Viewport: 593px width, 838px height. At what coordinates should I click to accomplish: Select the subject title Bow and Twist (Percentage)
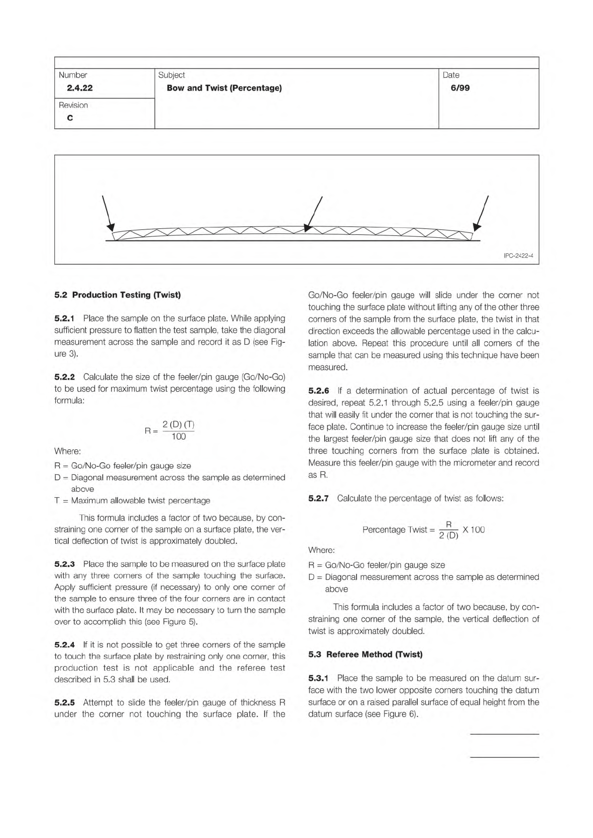point(224,88)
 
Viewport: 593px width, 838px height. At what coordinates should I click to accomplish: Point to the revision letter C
point(70,118)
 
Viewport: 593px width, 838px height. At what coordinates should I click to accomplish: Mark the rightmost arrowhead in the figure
point(477,227)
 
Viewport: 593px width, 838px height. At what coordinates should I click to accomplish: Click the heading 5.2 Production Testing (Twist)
point(118,295)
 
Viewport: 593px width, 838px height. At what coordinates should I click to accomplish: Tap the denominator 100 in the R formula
point(178,437)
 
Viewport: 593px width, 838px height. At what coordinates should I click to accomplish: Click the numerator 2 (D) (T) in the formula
point(178,425)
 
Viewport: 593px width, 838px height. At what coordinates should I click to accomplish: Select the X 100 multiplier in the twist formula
point(474,529)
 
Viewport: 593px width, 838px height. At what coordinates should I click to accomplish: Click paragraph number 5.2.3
point(64,564)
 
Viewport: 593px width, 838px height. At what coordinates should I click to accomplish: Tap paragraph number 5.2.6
point(319,391)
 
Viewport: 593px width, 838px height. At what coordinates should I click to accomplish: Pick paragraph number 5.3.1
point(319,678)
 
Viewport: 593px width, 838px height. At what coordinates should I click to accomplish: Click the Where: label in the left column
point(68,451)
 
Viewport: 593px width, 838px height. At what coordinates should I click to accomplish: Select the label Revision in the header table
point(73,105)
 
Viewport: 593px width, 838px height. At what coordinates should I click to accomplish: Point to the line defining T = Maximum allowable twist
point(132,501)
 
